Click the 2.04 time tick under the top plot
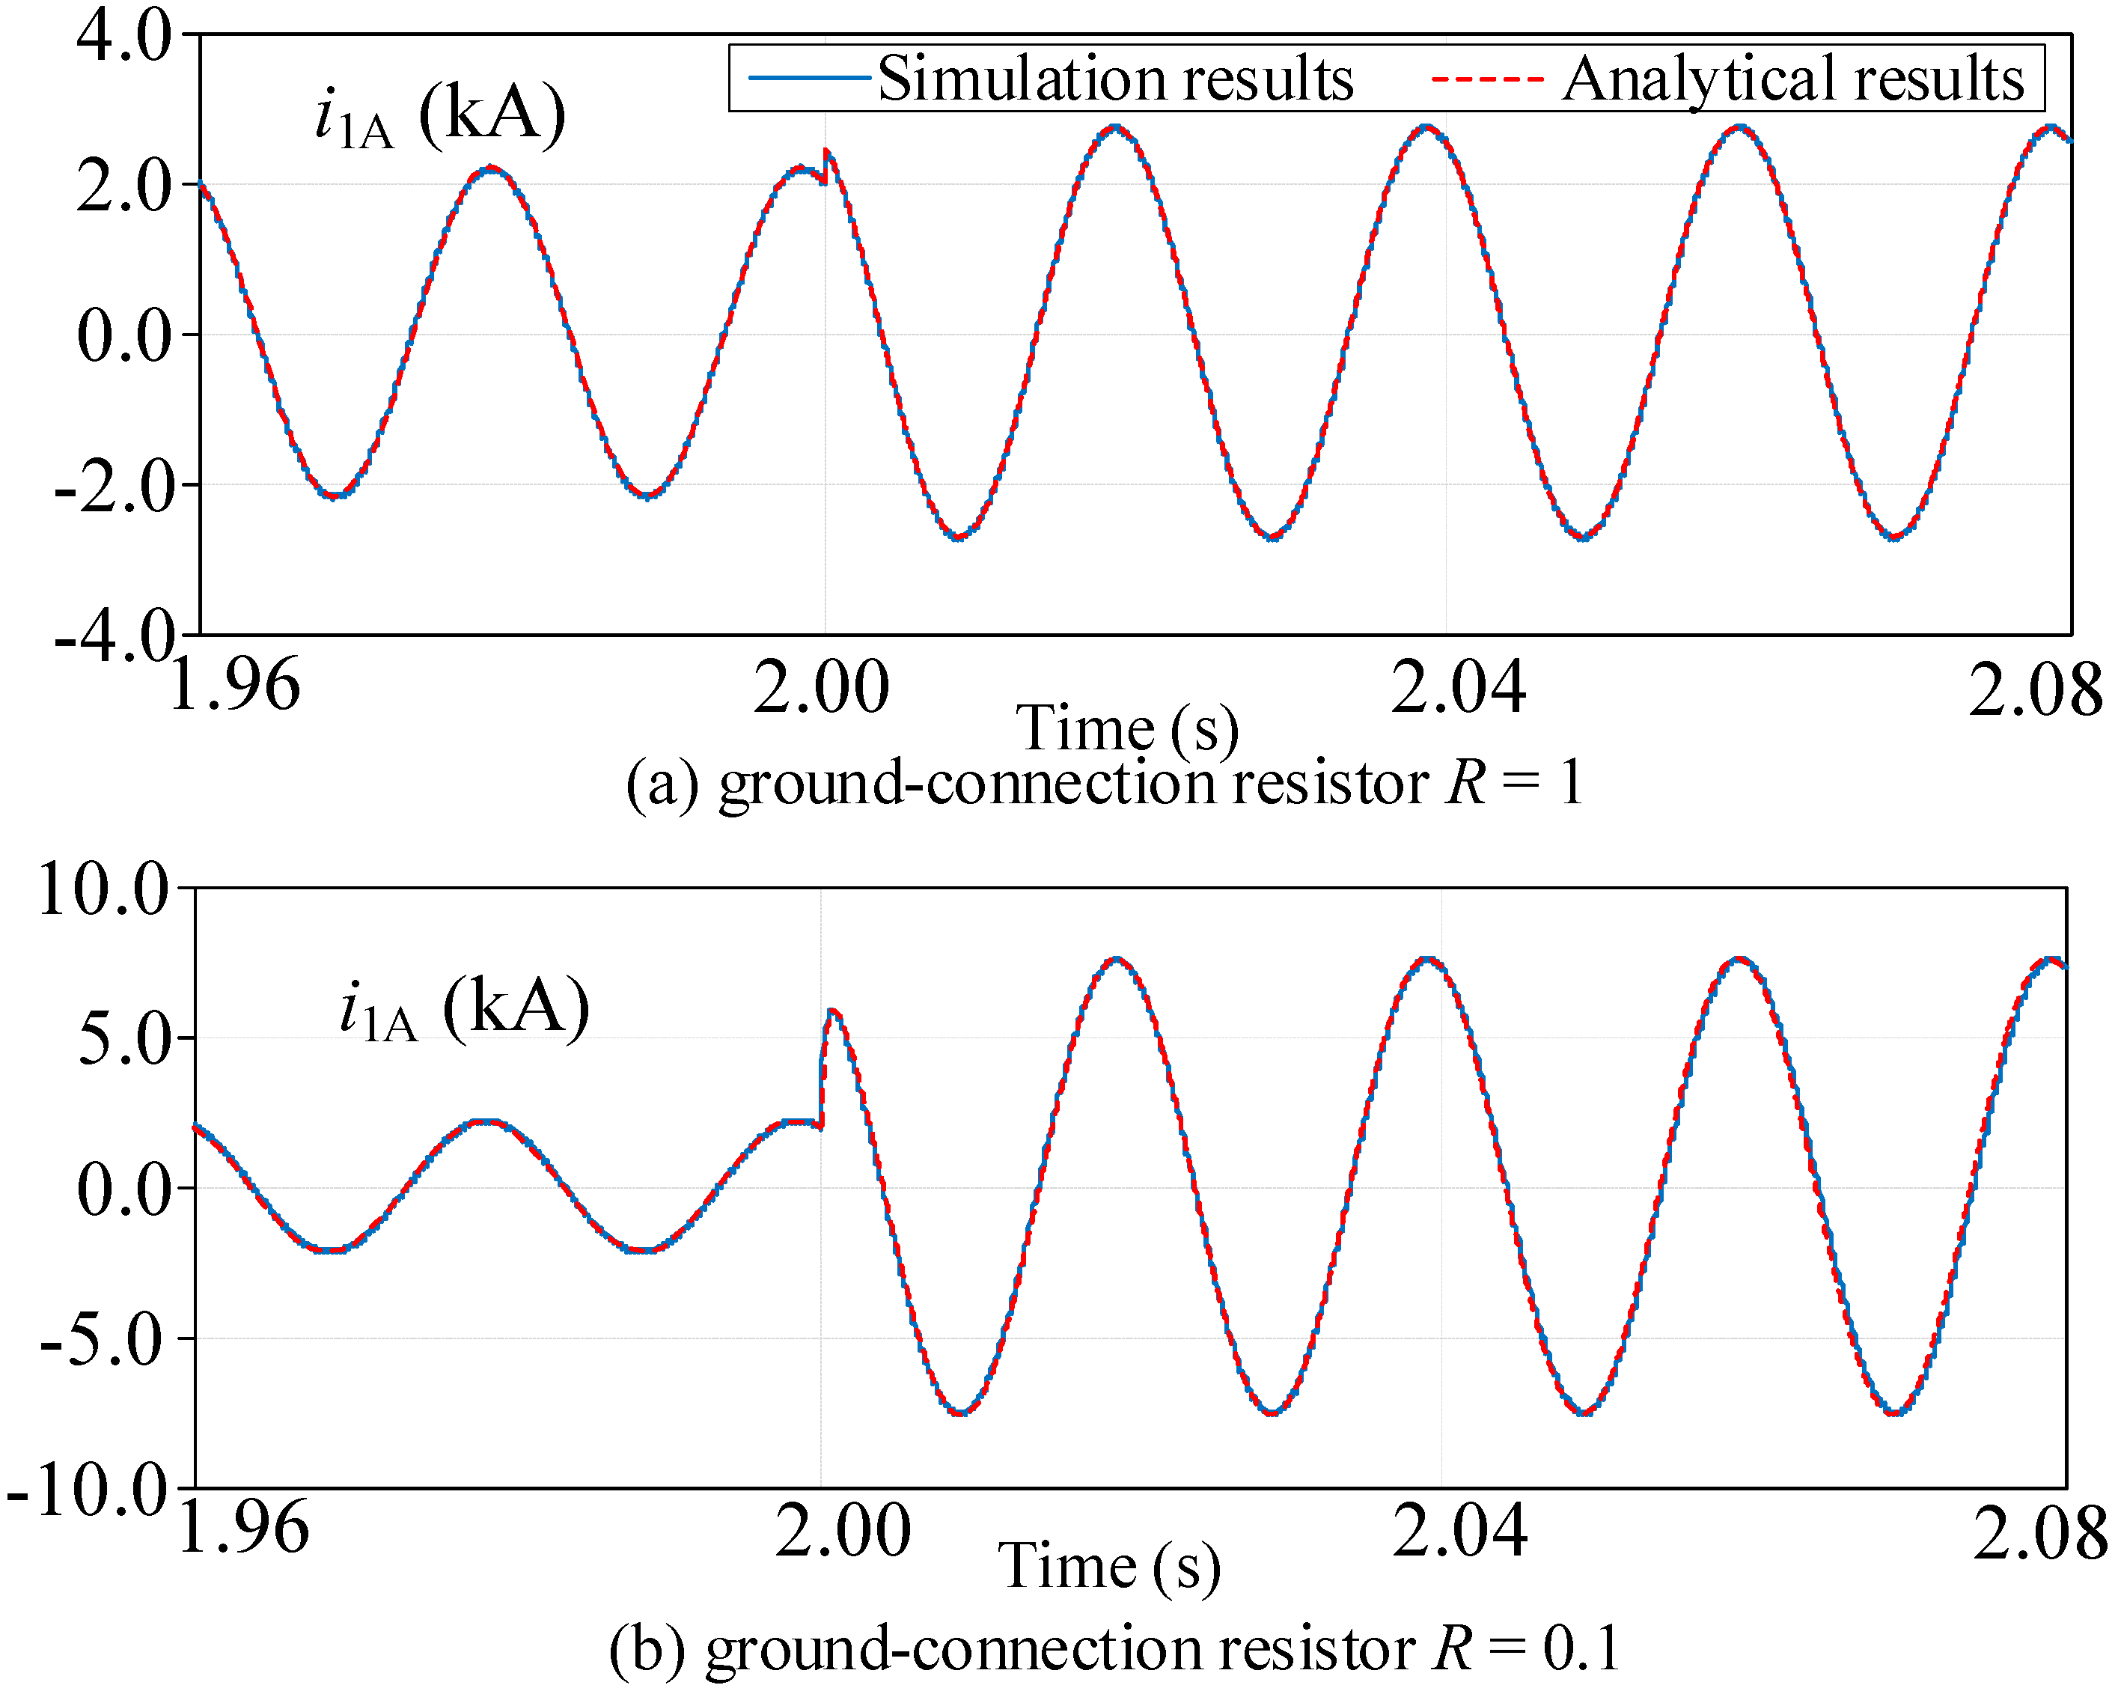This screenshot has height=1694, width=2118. (x=1458, y=688)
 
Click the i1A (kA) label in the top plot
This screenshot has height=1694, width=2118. (x=440, y=116)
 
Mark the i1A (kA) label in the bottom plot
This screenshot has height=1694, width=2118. (x=464, y=1009)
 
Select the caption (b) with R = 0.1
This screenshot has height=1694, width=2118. (x=1114, y=1649)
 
